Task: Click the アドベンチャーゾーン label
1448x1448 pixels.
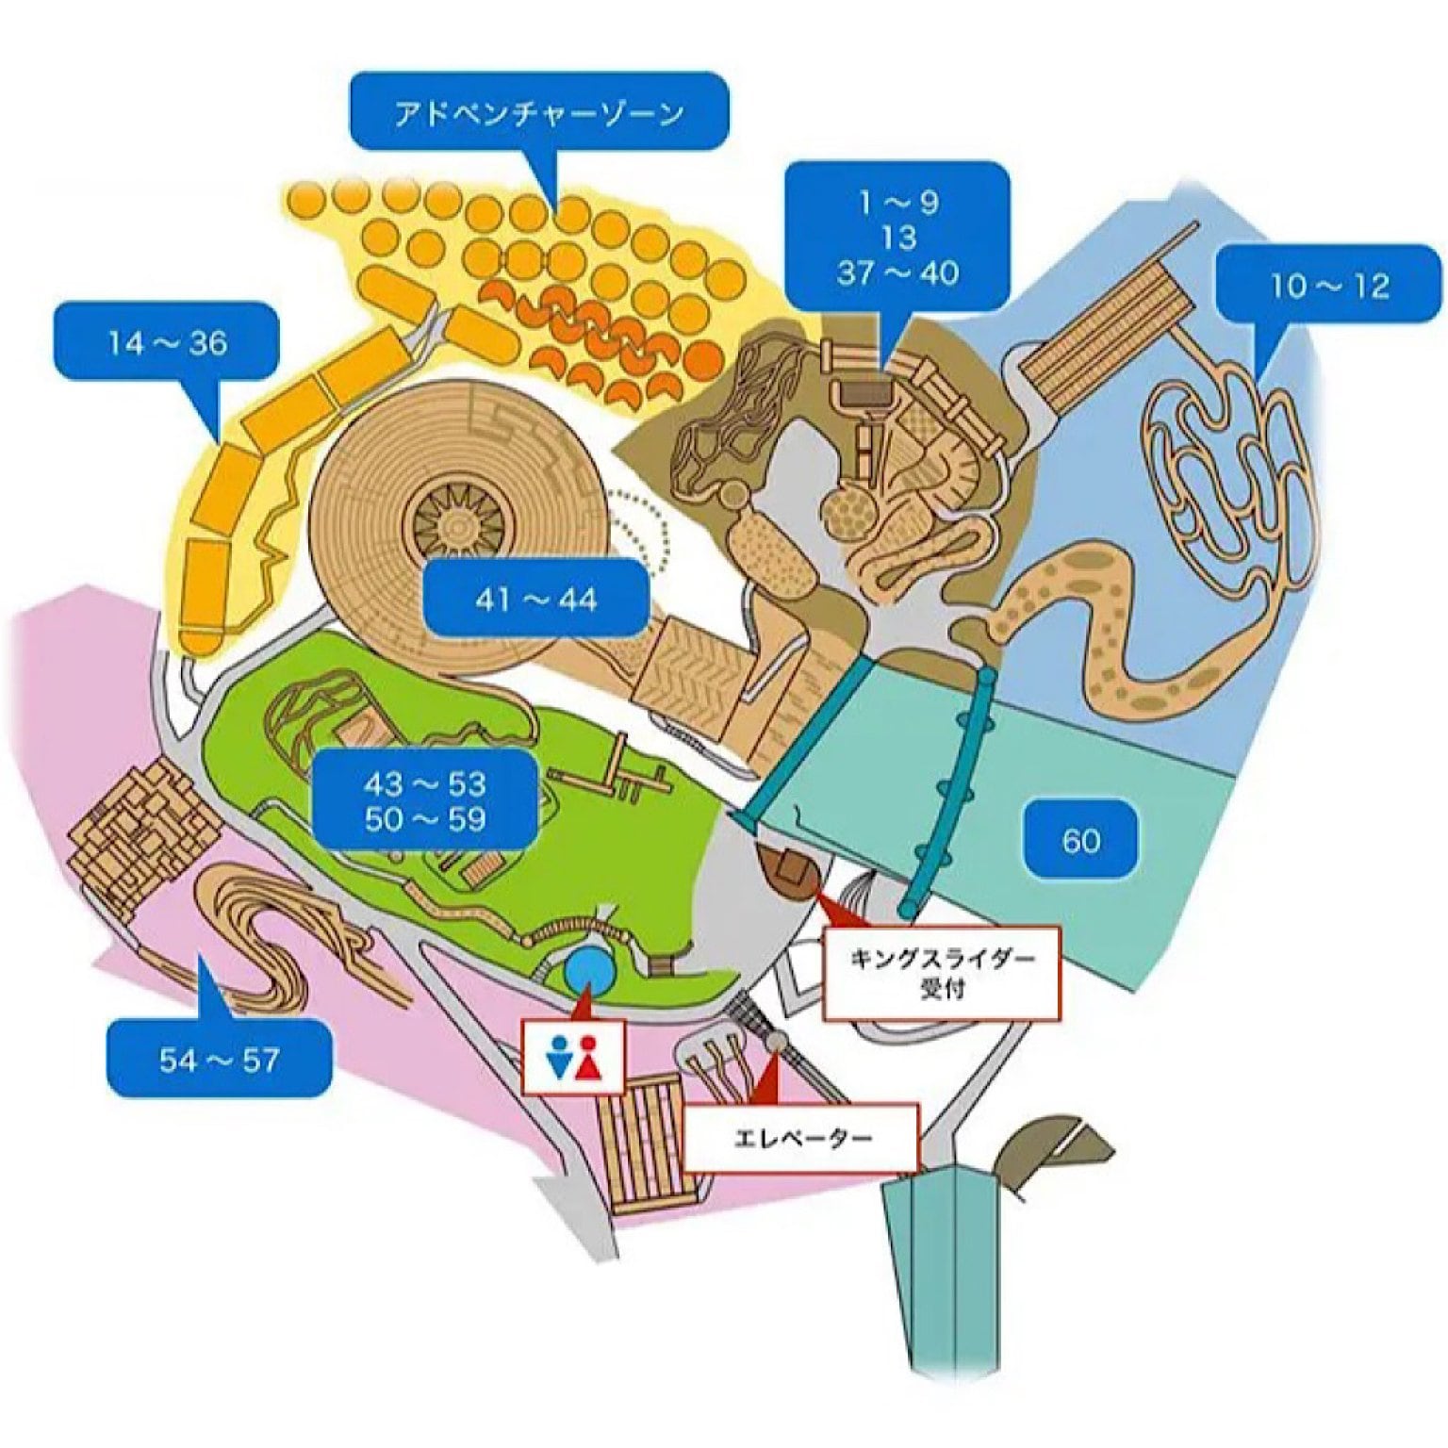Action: point(538,112)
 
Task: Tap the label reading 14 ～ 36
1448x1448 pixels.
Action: point(167,341)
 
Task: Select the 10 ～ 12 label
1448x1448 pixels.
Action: point(1329,284)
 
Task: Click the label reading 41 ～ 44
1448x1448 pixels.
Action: point(535,598)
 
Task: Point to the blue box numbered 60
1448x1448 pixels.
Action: point(1080,839)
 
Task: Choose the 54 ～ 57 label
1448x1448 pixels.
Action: point(219,1060)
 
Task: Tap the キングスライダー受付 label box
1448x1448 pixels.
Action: point(942,973)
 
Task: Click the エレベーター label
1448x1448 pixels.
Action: point(802,1137)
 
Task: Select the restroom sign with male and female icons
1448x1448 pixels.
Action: point(573,1056)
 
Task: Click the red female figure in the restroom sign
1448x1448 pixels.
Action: point(590,1057)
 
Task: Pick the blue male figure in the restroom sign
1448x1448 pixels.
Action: point(559,1057)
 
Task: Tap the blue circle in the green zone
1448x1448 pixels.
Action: point(588,971)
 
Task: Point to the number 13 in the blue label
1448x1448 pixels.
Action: point(897,238)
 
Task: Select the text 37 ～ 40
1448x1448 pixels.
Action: point(897,272)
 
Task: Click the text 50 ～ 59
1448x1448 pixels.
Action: point(425,818)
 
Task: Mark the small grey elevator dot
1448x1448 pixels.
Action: point(778,1041)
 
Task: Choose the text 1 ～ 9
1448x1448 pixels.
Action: point(897,202)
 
